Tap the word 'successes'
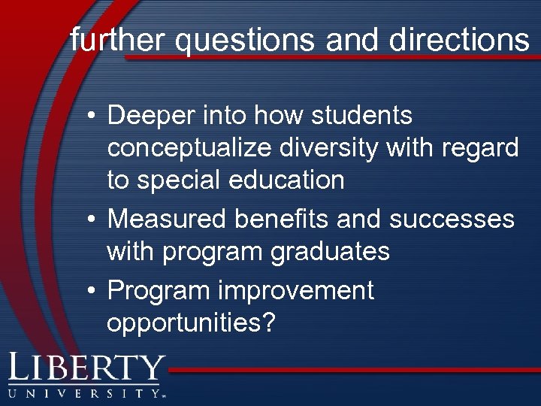tap(452, 219)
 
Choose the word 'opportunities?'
tap(192, 323)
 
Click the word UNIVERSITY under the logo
tap(84, 392)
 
